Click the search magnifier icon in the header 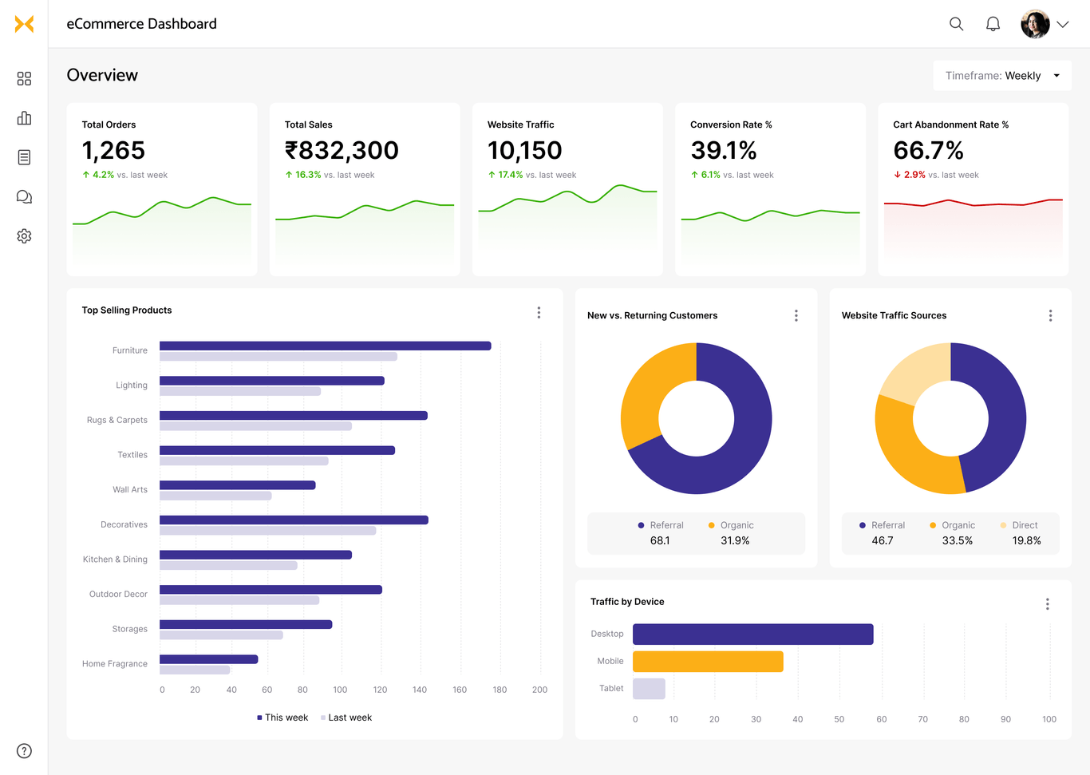click(956, 24)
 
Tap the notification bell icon click(993, 24)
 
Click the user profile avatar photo click(1035, 24)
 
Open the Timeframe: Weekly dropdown click(1002, 76)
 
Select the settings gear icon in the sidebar click(24, 236)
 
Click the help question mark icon click(24, 751)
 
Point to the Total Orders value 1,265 click(113, 150)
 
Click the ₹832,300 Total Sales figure click(342, 150)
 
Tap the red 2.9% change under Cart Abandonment click(914, 175)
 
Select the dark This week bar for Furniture click(325, 346)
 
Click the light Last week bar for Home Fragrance click(195, 670)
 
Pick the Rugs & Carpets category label click(117, 420)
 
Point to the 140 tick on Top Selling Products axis click(420, 690)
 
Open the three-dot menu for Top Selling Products click(539, 313)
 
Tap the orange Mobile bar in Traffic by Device click(708, 662)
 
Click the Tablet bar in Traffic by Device click(649, 689)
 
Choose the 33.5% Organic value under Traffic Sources click(957, 540)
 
